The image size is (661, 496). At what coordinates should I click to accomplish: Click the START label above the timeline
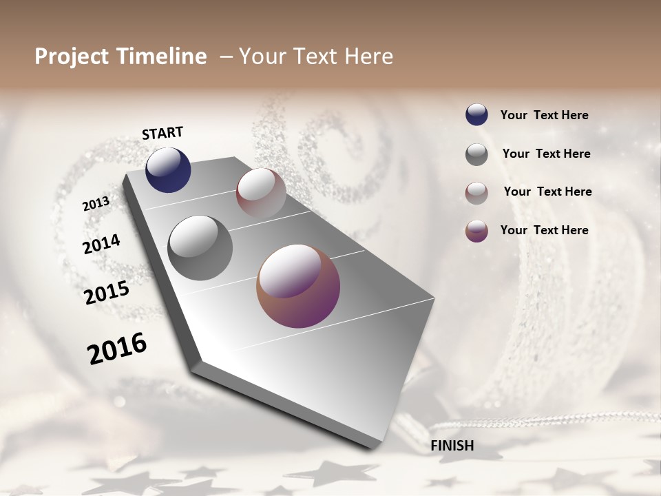(x=162, y=133)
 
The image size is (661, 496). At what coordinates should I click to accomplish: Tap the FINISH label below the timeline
(x=452, y=446)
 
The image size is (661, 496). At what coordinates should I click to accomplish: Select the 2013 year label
(x=96, y=204)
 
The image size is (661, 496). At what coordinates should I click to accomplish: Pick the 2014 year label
(x=101, y=244)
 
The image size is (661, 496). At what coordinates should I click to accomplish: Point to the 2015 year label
(x=107, y=293)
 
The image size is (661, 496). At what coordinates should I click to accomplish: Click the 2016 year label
(x=117, y=349)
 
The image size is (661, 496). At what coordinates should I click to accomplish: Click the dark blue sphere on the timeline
(x=168, y=170)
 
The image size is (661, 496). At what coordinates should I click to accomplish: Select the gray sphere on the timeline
(x=200, y=248)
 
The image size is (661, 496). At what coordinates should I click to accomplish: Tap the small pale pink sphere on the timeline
(x=261, y=193)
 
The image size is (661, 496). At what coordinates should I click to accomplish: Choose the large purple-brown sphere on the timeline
(x=298, y=286)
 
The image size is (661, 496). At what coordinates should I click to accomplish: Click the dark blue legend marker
(x=476, y=115)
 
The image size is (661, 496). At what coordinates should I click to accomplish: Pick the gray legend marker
(x=476, y=154)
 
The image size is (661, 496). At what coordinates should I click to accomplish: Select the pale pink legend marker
(x=476, y=193)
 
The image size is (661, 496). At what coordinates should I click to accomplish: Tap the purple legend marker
(x=476, y=231)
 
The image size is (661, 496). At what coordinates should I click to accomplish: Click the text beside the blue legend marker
(x=544, y=116)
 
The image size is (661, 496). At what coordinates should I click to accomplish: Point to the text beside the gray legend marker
(x=546, y=154)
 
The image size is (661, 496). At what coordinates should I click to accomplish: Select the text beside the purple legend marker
(x=544, y=230)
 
